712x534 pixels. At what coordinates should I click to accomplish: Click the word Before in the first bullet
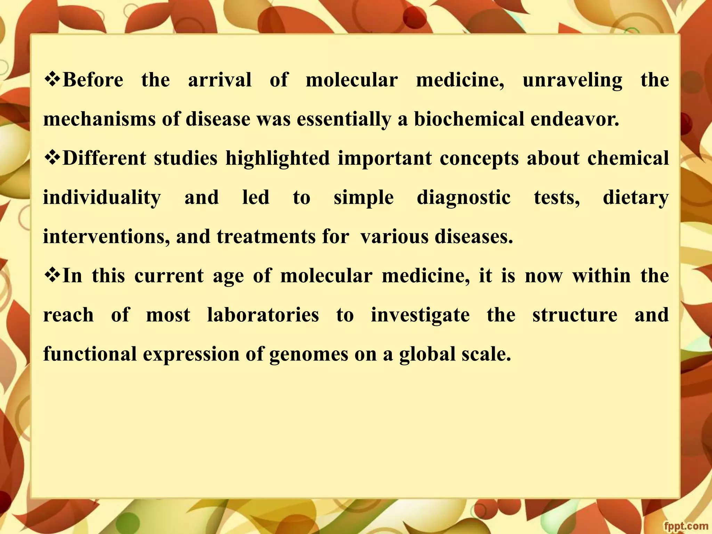click(x=93, y=80)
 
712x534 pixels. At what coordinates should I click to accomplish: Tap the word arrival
click(x=220, y=80)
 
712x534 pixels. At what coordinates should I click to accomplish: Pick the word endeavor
click(x=575, y=119)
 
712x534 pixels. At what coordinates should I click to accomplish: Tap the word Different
click(x=104, y=159)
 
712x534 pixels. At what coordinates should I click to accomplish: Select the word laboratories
click(x=263, y=315)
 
